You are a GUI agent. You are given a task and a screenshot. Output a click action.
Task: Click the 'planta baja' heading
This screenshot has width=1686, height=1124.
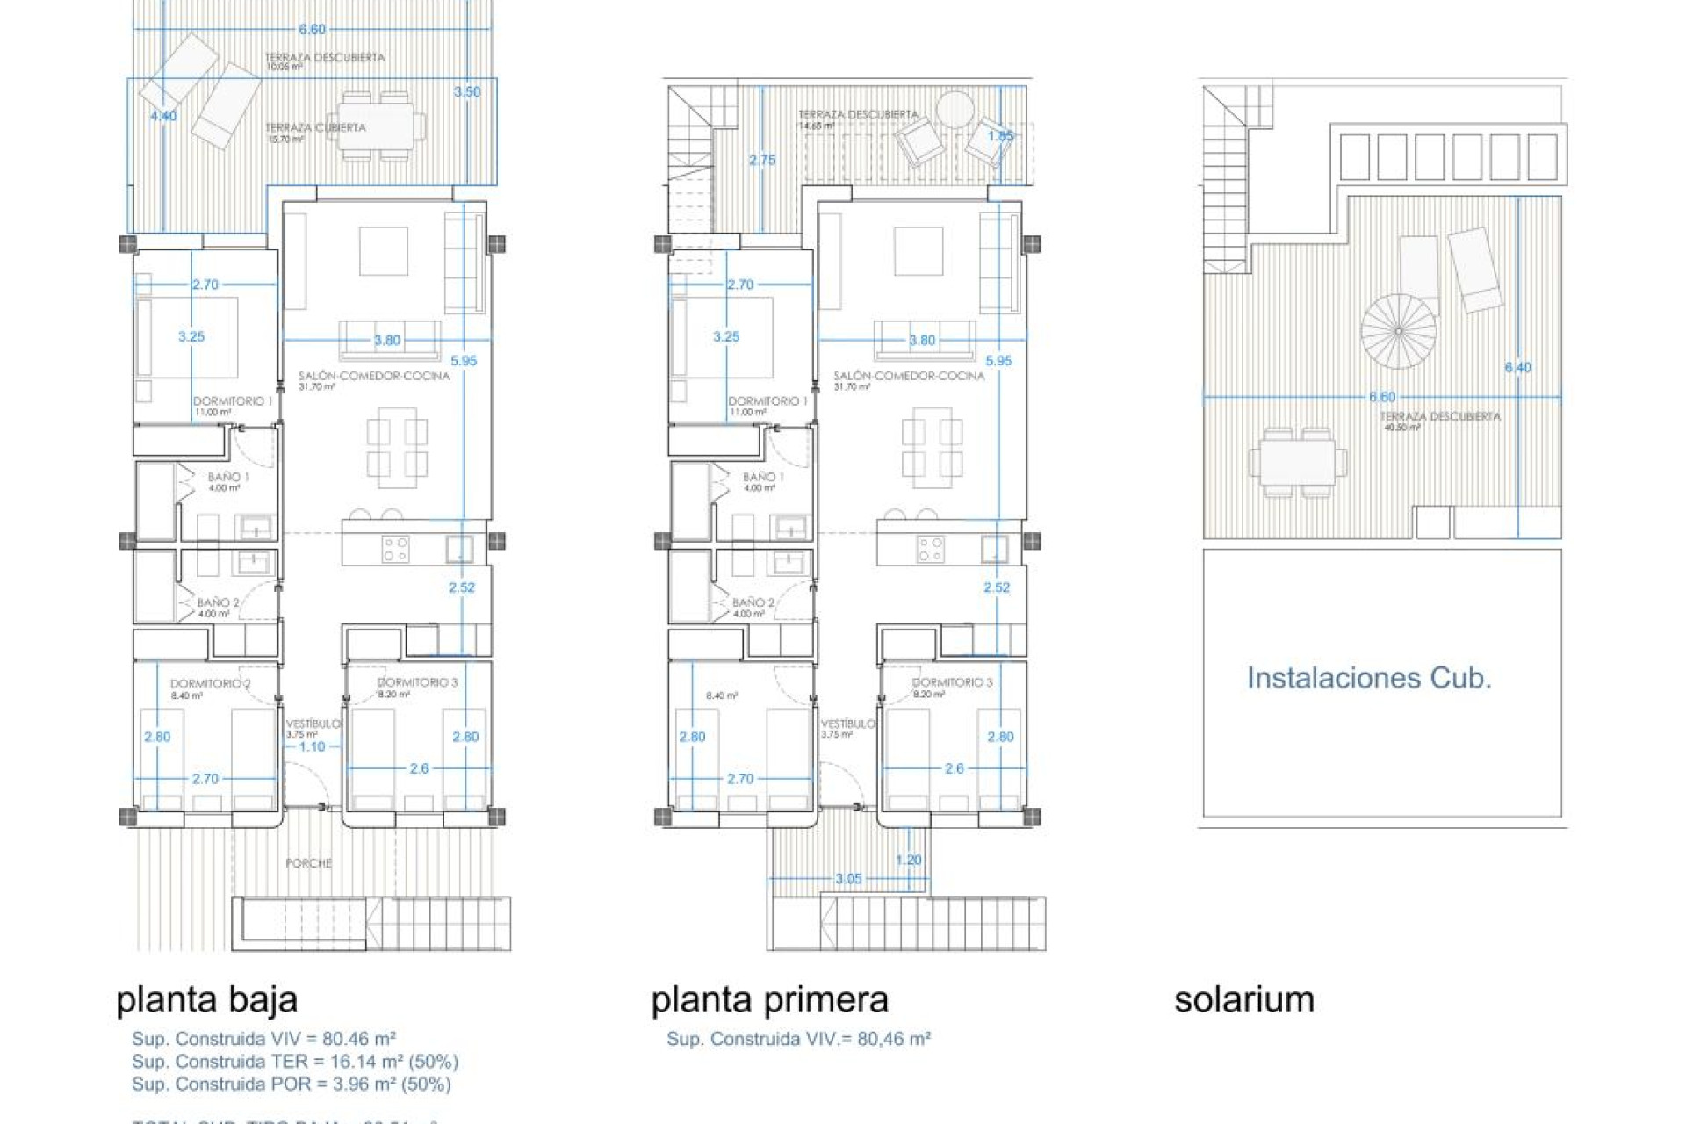[207, 999]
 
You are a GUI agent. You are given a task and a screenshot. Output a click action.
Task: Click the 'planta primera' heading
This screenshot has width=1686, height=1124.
[769, 999]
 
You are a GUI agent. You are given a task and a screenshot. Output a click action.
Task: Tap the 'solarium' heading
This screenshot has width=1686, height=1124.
[1243, 999]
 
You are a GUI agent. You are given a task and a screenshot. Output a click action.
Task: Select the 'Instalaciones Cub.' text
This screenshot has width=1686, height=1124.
[1368, 678]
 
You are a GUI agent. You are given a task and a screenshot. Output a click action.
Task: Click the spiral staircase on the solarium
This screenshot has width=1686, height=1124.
[1398, 331]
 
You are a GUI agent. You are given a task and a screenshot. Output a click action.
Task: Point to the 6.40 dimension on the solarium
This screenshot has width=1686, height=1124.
[1517, 368]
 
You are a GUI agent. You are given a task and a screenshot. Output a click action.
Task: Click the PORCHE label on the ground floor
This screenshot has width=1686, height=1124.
[309, 863]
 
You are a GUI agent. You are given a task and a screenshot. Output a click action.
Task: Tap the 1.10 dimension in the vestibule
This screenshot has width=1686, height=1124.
[312, 746]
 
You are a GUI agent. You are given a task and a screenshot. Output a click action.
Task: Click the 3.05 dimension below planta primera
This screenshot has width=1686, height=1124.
[848, 878]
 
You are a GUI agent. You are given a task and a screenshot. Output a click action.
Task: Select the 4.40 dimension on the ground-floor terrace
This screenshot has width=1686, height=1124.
[163, 116]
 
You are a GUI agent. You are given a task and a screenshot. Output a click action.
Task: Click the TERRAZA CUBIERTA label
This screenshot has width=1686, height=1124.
[315, 128]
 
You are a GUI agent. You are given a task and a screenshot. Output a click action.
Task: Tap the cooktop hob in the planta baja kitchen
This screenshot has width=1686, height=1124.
[395, 550]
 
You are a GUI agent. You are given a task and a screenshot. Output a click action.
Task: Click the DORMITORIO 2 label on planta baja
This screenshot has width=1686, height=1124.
[210, 683]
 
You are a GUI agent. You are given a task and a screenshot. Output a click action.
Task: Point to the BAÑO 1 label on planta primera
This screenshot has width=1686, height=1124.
[763, 477]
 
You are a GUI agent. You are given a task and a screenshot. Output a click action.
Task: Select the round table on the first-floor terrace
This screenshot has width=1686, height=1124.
[955, 111]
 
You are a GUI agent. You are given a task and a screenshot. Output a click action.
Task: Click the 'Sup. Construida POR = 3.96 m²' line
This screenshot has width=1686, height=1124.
[291, 1084]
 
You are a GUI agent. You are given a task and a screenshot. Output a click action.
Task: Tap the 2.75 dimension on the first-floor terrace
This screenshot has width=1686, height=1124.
[762, 160]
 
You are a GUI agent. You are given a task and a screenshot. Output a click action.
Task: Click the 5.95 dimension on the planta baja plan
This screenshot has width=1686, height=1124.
[464, 361]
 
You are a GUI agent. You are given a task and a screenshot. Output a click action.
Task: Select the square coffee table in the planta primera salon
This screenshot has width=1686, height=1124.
[919, 251]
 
